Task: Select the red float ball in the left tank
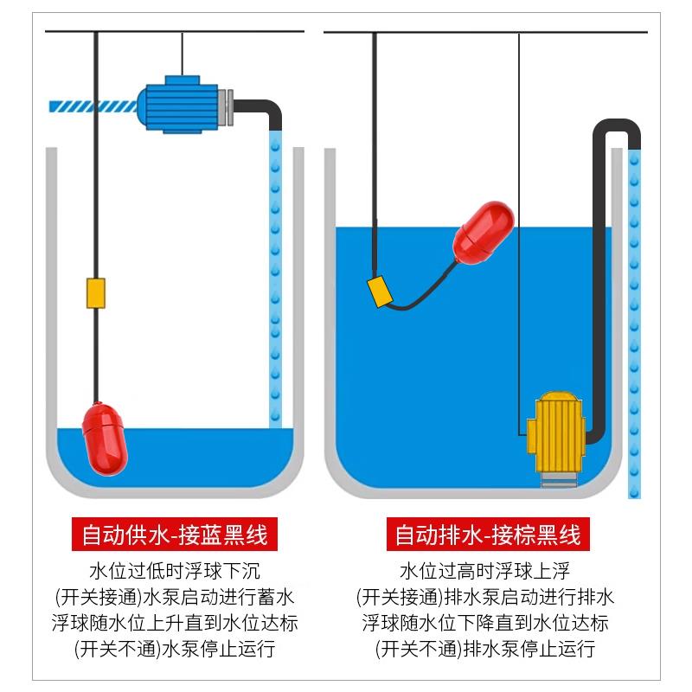tap(105, 437)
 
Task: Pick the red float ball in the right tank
tap(484, 233)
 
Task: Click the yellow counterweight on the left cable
tap(95, 292)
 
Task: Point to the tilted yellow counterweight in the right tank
tap(381, 292)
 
